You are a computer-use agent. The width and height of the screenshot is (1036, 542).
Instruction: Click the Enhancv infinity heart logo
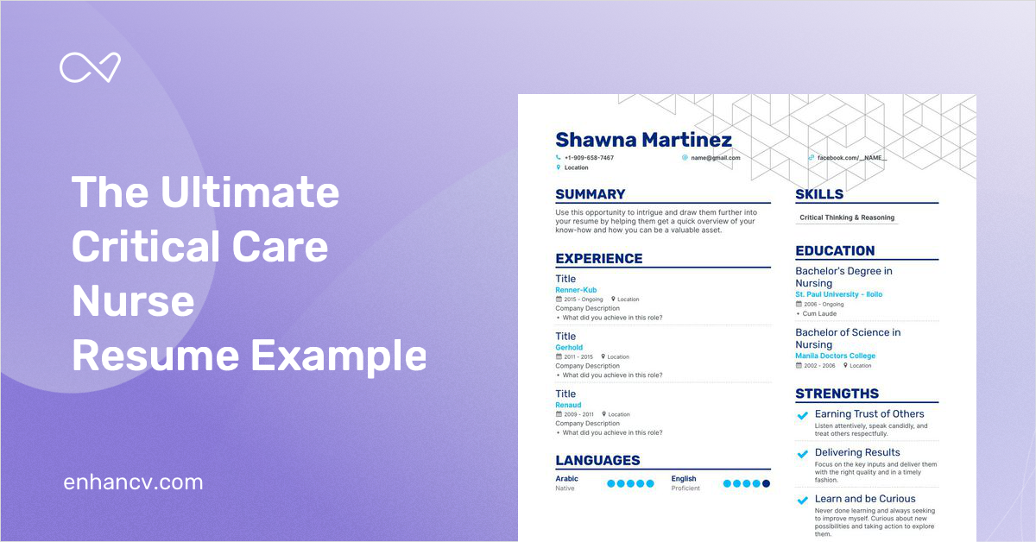pos(90,68)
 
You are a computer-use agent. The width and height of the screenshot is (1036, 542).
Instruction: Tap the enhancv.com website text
pos(133,482)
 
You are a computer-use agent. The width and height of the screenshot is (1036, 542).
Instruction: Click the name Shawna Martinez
pos(643,140)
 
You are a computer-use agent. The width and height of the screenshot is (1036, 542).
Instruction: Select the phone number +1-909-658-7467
pos(589,158)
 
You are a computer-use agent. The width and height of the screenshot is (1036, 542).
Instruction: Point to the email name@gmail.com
pos(715,158)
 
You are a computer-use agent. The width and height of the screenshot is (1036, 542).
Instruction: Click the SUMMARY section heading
pos(591,194)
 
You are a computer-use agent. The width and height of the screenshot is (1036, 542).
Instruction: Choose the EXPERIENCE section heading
pos(599,258)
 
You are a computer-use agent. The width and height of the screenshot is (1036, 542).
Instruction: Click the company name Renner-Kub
pos(576,290)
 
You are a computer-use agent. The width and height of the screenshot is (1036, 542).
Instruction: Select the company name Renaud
pos(568,405)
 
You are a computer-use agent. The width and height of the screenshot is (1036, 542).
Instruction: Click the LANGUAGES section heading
pos(597,460)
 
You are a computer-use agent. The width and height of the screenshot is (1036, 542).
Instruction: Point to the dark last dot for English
pos(766,483)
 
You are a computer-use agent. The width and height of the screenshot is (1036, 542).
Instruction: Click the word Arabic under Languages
pos(566,478)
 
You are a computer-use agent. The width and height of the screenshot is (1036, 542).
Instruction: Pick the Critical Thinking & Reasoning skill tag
pos(847,217)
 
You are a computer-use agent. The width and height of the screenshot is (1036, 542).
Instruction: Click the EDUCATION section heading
pos(835,250)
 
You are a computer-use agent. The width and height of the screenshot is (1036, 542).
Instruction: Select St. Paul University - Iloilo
pos(838,294)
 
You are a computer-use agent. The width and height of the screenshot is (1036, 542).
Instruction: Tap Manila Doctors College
pos(835,356)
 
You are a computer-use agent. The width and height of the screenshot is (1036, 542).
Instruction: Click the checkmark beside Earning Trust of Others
pos(803,416)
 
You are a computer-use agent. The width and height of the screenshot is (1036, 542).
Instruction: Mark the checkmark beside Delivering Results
pos(803,454)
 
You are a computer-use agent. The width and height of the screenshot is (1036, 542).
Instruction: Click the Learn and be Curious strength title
pos(865,499)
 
